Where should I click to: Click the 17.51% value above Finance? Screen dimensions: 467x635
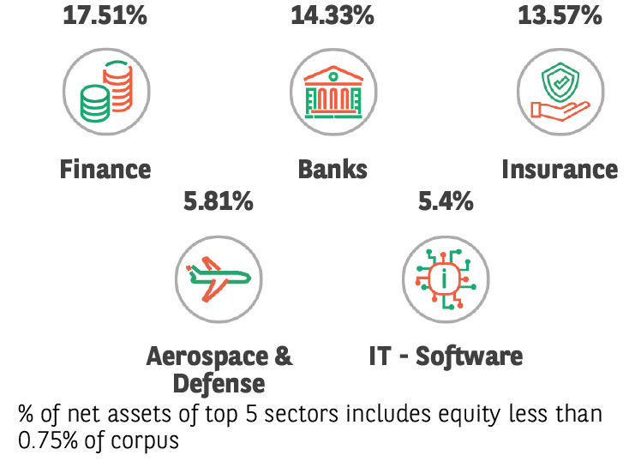pos(104,15)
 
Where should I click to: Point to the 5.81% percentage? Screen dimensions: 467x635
pos(218,202)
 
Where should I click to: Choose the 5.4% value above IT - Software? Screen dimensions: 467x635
pos(445,202)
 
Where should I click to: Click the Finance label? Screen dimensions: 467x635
pos(105,169)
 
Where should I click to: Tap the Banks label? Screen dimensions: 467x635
pos(332,169)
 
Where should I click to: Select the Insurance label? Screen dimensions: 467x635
pos(559,169)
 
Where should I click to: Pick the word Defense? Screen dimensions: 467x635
pos(219,381)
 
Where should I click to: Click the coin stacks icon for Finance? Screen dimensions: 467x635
pos(105,89)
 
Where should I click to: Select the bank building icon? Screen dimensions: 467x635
pos(332,89)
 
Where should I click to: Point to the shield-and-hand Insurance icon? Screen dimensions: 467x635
pos(559,89)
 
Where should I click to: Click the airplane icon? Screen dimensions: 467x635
pos(218,278)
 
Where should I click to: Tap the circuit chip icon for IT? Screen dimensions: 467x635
pos(445,278)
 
